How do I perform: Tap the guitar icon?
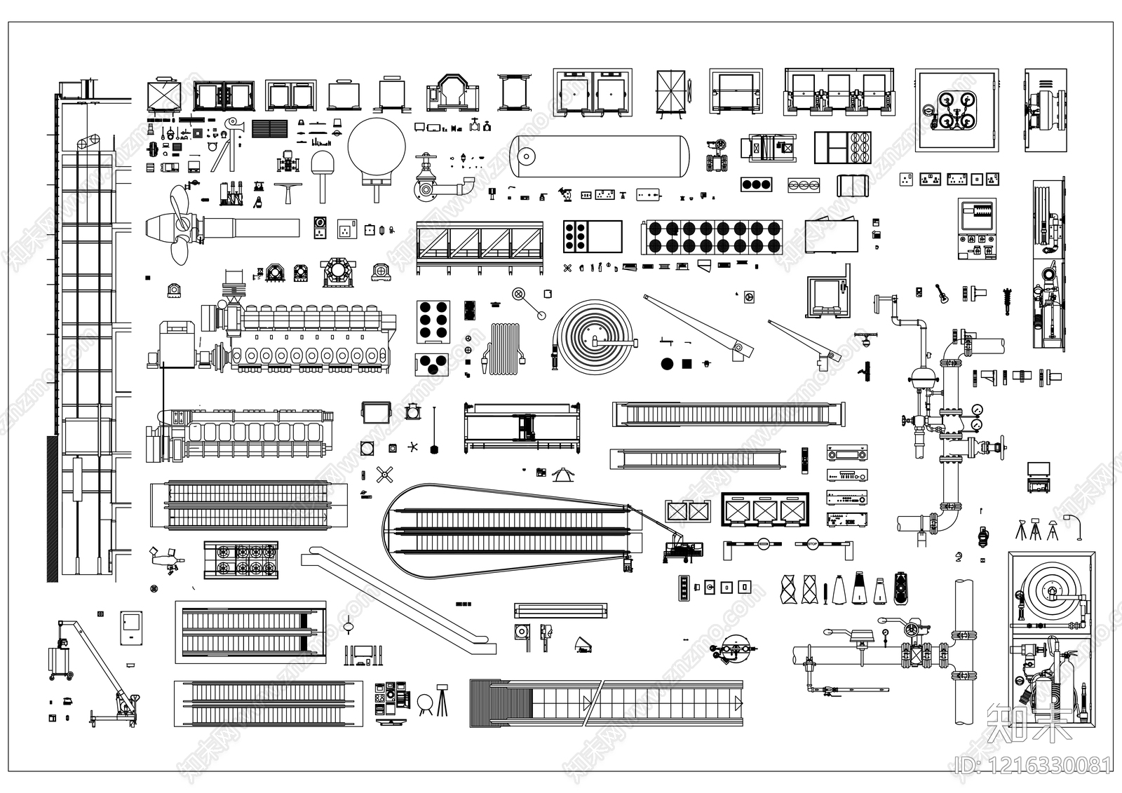(941, 293)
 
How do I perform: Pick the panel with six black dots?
(433, 321)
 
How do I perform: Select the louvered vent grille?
(269, 128)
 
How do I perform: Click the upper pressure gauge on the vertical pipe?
(975, 409)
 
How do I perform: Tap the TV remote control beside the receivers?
(805, 459)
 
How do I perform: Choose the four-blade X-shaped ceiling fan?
(383, 475)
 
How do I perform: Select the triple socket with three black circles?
(757, 184)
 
